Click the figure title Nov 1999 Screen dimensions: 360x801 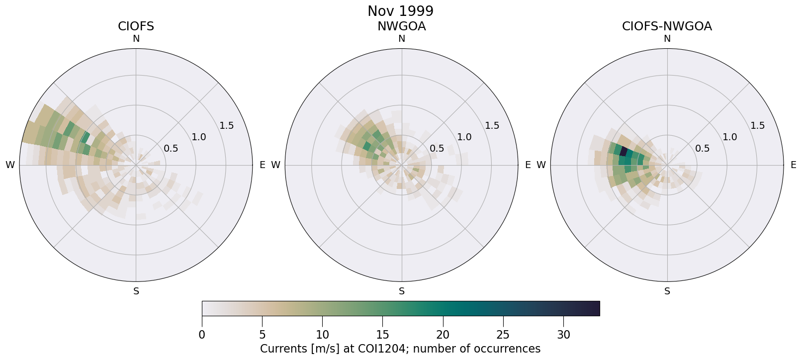pyautogui.click(x=400, y=11)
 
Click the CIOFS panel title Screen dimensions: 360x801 pyautogui.click(x=136, y=26)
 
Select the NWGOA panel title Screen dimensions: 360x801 pyautogui.click(x=401, y=26)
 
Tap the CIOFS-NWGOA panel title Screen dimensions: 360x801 pyautogui.click(x=667, y=26)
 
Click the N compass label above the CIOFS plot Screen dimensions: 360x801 pyautogui.click(x=136, y=39)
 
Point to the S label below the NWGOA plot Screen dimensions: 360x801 pyautogui.click(x=402, y=291)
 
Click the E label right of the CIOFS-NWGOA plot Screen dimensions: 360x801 pyautogui.click(x=793, y=165)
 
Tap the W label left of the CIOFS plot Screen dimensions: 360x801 pyautogui.click(x=10, y=165)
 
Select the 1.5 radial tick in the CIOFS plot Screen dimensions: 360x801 pyautogui.click(x=227, y=125)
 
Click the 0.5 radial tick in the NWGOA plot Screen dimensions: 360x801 pyautogui.click(x=437, y=148)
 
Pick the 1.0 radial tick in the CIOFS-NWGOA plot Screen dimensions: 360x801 pyautogui.click(x=730, y=137)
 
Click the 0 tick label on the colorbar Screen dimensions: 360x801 pyautogui.click(x=202, y=335)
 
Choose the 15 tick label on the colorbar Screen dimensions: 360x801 pyautogui.click(x=382, y=335)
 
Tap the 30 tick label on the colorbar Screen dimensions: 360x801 pyautogui.click(x=563, y=335)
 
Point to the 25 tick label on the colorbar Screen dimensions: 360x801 pyautogui.click(x=503, y=335)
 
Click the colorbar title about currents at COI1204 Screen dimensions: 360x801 pyautogui.click(x=400, y=349)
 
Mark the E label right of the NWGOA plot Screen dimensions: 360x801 pyautogui.click(x=528, y=165)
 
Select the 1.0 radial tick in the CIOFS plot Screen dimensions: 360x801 pyautogui.click(x=199, y=137)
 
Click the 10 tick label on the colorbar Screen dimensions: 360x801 pyautogui.click(x=322, y=335)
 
